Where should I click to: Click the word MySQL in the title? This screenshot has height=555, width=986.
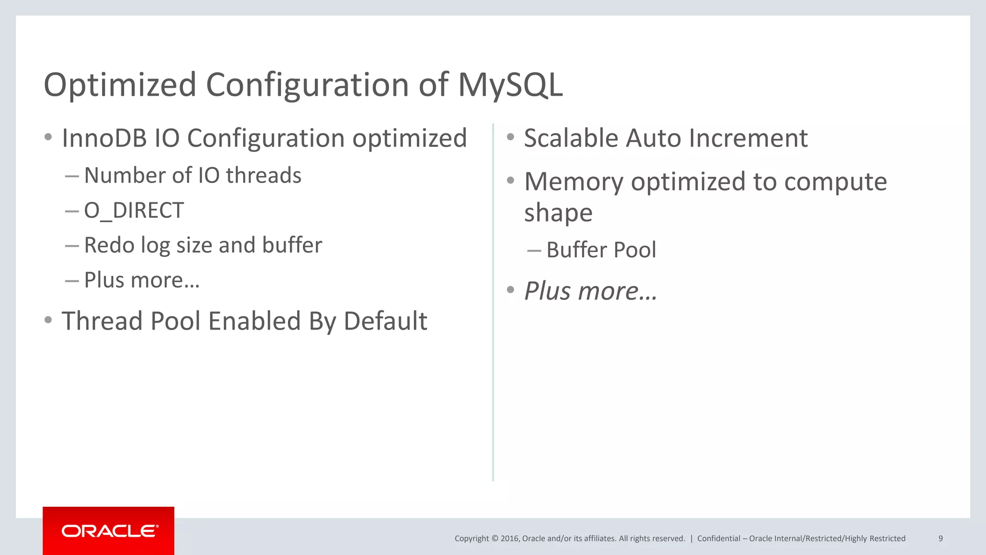510,85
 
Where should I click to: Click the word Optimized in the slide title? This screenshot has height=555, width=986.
120,85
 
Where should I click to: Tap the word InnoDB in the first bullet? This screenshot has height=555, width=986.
104,138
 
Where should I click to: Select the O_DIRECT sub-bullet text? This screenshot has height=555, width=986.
134,211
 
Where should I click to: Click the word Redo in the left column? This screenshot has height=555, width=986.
109,245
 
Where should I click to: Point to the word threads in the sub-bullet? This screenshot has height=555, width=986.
263,175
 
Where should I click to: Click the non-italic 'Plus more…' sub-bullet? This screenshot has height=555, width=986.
142,280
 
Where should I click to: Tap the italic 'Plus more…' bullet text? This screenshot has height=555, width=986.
590,291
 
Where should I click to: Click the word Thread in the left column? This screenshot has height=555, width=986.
102,321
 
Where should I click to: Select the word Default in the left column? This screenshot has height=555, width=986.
385,321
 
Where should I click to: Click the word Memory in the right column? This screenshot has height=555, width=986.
573,182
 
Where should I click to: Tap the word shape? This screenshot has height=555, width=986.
558,213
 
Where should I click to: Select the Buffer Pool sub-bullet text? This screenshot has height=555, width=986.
601,250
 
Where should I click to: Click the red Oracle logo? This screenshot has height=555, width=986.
109,531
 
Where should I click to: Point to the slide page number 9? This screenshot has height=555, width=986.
940,539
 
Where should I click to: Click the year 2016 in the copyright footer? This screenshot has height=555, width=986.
509,539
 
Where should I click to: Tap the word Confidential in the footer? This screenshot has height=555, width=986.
718,539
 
